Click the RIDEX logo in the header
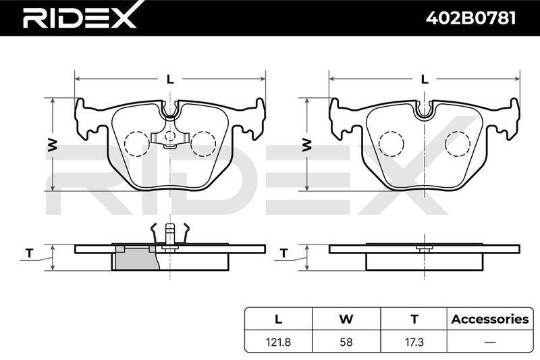pyautogui.click(x=80, y=18)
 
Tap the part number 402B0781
pyautogui.click(x=470, y=18)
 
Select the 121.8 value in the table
pyautogui.click(x=278, y=342)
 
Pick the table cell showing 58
pyautogui.click(x=346, y=342)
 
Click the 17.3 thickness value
pyautogui.click(x=414, y=342)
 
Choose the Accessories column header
pyautogui.click(x=490, y=319)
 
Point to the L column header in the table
pyautogui.click(x=278, y=319)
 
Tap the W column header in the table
pyautogui.click(x=346, y=319)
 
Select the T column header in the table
pyautogui.click(x=414, y=319)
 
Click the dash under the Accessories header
pyautogui.click(x=490, y=342)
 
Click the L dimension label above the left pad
pyautogui.click(x=170, y=80)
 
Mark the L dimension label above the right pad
pyautogui.click(x=425, y=80)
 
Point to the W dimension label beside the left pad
pyautogui.click(x=53, y=145)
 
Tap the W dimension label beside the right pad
pyautogui.click(x=307, y=145)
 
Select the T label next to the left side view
pyautogui.click(x=30, y=253)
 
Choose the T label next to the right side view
pyautogui.click(x=283, y=253)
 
